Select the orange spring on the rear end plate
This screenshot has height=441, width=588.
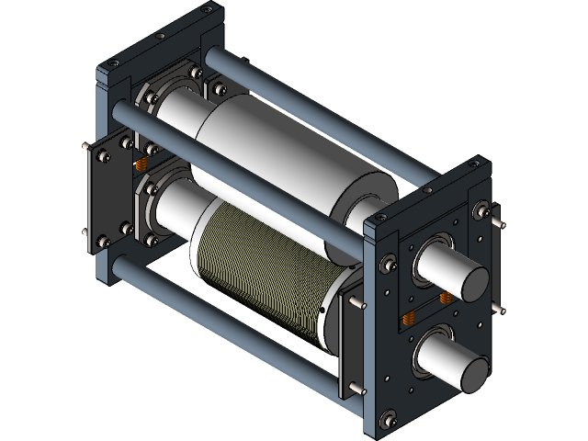(141, 164)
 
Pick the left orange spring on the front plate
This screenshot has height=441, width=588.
(410, 319)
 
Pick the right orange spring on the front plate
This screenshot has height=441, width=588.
(443, 299)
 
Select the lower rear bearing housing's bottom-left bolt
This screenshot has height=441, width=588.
(147, 242)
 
